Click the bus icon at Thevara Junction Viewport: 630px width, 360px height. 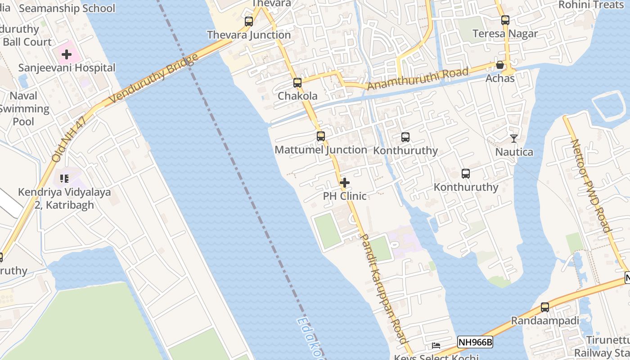pos(249,21)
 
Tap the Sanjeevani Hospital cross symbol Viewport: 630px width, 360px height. pos(67,54)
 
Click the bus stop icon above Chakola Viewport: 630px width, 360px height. pos(297,83)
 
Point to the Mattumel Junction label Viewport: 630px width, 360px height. pos(321,150)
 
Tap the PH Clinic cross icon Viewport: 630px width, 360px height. pos(345,183)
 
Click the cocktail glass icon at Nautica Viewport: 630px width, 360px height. pos(514,139)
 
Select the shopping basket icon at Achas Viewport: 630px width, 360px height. pos(500,65)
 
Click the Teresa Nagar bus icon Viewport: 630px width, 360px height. pos(505,20)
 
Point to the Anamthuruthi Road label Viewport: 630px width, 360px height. pos(418,78)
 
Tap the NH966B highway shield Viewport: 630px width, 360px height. pos(475,342)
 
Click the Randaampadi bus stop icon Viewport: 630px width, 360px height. pos(545,307)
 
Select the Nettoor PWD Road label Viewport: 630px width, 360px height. pos(591,185)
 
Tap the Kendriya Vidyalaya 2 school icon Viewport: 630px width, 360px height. pos(64,179)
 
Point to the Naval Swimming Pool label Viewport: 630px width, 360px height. pos(23,108)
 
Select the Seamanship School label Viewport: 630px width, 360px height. pos(67,8)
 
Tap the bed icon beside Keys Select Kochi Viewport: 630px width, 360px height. pos(436,346)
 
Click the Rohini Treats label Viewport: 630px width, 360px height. pos(591,4)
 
